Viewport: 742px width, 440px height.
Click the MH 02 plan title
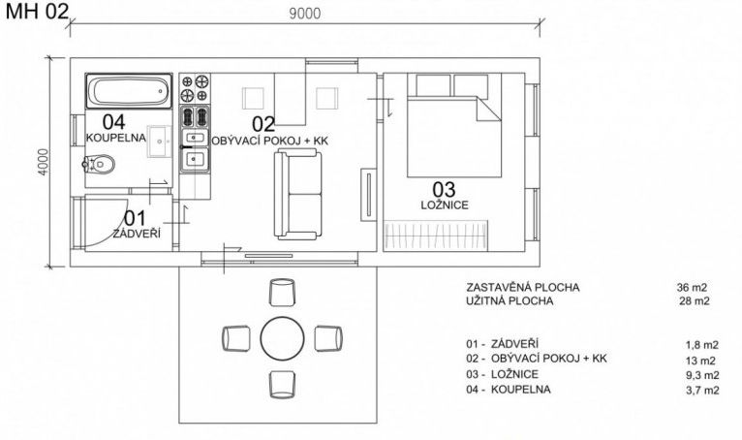pyautogui.click(x=38, y=12)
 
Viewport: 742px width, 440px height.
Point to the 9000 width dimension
pyautogui.click(x=305, y=14)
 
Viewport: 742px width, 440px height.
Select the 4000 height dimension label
pyautogui.click(x=43, y=162)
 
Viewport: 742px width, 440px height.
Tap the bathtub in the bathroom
pyautogui.click(x=129, y=91)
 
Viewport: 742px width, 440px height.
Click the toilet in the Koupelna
pyautogui.click(x=99, y=165)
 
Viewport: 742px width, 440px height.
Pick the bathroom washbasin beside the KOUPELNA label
pyautogui.click(x=160, y=141)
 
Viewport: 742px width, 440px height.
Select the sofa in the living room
pyautogui.click(x=297, y=194)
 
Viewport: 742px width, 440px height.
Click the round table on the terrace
pyautogui.click(x=283, y=338)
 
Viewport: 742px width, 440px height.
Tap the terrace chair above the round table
pyautogui.click(x=283, y=293)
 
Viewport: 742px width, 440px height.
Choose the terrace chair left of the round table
pyautogui.click(x=236, y=338)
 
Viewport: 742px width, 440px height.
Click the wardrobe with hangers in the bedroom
pyautogui.click(x=436, y=235)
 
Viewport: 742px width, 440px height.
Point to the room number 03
pyautogui.click(x=444, y=189)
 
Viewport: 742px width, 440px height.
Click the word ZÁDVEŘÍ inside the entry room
pyautogui.click(x=137, y=234)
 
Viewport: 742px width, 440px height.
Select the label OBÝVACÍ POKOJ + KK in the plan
pyautogui.click(x=269, y=141)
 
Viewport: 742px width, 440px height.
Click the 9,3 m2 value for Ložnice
pyautogui.click(x=702, y=375)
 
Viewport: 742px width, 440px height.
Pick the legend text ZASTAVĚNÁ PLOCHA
pyautogui.click(x=522, y=287)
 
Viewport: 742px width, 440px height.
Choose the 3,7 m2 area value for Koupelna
pyautogui.click(x=702, y=390)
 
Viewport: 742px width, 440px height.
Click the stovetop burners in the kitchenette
pyautogui.click(x=195, y=88)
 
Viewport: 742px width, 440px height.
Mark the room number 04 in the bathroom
pyautogui.click(x=114, y=122)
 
